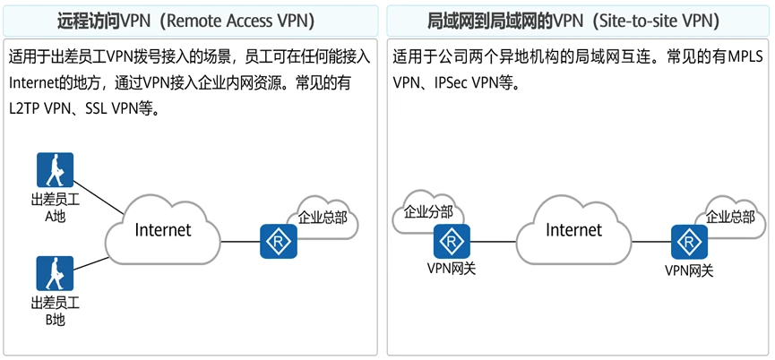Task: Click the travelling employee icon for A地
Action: coord(55,170)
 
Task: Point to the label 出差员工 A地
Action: coord(55,209)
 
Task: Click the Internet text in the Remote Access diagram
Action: coord(163,230)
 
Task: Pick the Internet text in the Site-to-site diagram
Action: coord(574,230)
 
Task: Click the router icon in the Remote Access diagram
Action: coord(279,242)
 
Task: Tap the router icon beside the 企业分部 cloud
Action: coord(452,242)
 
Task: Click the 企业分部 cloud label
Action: coord(429,212)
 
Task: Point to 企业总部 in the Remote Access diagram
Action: coord(323,217)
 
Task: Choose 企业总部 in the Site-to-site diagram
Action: coord(730,217)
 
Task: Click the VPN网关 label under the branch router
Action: coord(452,268)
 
